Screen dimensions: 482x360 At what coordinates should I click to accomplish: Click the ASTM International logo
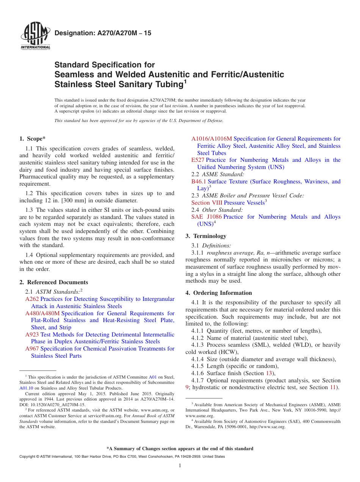coord(35,37)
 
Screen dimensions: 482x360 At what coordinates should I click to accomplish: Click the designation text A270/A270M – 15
coord(103,33)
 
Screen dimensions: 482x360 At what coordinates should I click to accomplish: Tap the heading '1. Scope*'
coord(33,139)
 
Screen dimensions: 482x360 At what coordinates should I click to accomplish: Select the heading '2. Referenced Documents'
coord(53,282)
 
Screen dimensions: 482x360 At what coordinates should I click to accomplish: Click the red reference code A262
coord(32,299)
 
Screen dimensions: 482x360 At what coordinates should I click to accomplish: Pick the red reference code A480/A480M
coord(42,313)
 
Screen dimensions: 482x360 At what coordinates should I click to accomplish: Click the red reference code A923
coord(32,335)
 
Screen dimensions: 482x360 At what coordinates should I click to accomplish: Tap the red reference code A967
coord(32,349)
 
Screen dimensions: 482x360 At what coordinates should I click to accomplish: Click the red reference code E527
coord(198,160)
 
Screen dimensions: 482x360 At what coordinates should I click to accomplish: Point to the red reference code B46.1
coord(199,182)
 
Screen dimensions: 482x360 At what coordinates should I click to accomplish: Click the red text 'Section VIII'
coord(207,203)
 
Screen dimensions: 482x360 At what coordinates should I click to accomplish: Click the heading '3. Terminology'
coord(206,236)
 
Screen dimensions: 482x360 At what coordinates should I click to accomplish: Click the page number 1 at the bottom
coord(180,466)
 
